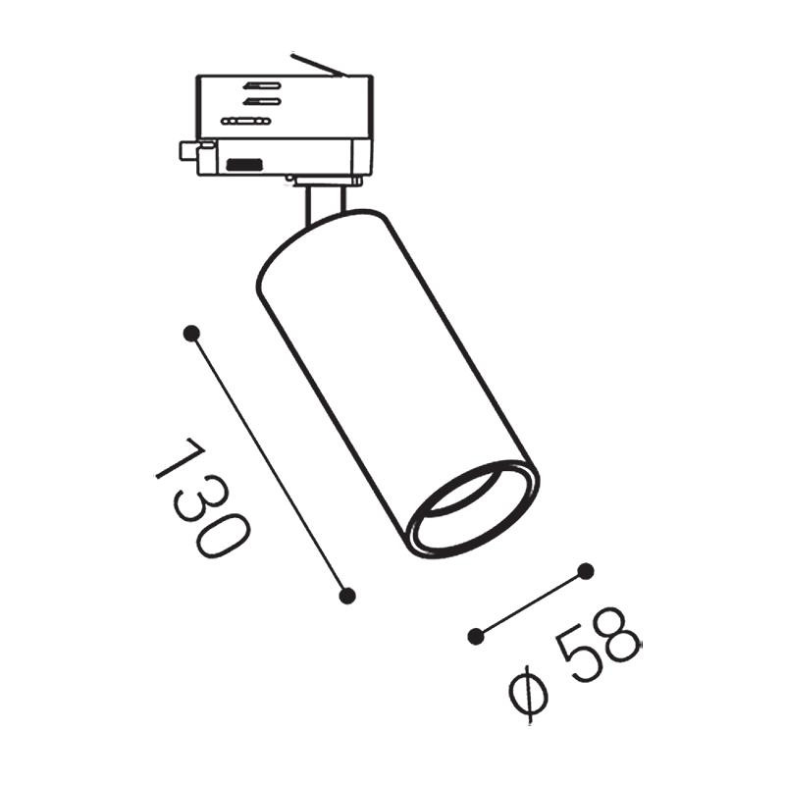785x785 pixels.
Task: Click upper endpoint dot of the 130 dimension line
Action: [x=191, y=333]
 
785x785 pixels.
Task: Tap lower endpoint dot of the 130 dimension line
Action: [x=345, y=595]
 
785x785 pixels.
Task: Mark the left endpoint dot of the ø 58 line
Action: [x=476, y=636]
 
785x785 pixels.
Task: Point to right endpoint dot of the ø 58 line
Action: [x=586, y=570]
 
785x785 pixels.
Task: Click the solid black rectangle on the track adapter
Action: [x=243, y=163]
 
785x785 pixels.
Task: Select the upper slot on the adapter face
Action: [x=262, y=85]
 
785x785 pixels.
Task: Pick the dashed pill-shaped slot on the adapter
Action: [x=245, y=120]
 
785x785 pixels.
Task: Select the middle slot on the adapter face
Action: [x=262, y=100]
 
